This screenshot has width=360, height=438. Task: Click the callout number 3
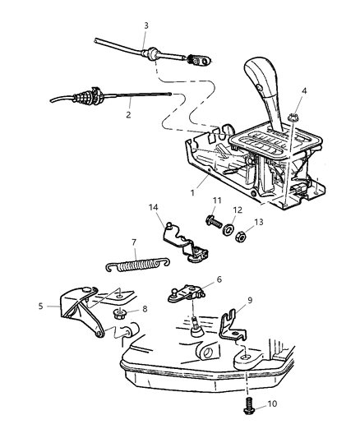click(x=145, y=26)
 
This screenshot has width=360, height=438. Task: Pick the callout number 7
click(x=134, y=243)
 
